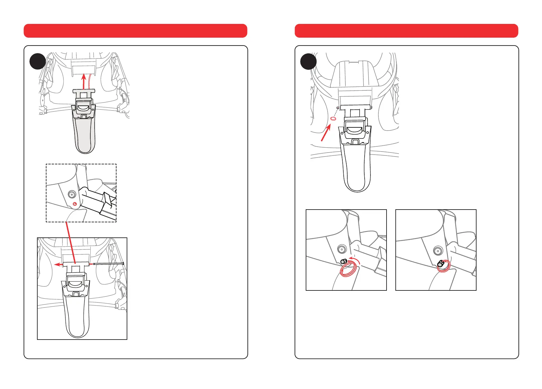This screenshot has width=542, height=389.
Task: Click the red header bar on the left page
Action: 135,31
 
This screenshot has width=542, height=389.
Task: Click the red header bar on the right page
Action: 406,31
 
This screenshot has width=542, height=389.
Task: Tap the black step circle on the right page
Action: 308,61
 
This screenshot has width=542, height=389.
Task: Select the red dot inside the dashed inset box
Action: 75,204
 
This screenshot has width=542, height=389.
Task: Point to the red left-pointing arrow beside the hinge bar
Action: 59,264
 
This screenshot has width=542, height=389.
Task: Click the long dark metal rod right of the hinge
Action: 108,263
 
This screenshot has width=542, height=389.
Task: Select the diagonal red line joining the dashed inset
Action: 71,242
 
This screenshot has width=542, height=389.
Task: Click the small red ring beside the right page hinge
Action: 333,119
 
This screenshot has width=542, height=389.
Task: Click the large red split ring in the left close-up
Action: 348,271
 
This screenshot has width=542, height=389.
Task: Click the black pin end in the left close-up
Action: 344,261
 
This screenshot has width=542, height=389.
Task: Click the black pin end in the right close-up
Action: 441,264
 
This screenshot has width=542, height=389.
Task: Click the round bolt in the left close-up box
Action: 342,249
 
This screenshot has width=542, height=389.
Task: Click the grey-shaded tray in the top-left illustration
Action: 85,134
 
